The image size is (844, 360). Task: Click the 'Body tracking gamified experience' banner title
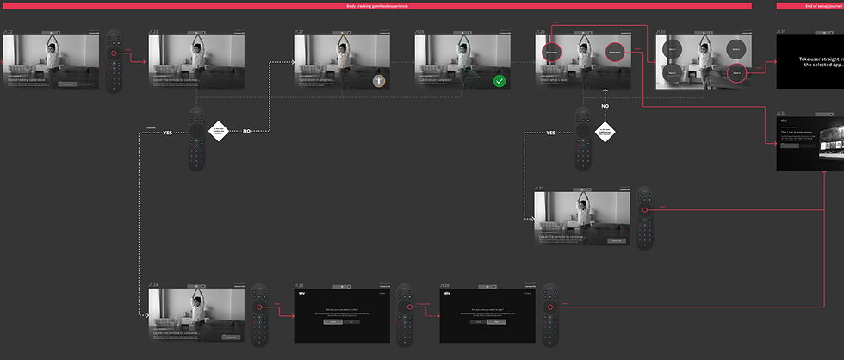coord(376,5)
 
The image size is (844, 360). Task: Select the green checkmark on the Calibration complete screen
coord(499,81)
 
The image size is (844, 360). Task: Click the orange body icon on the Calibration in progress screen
coord(378,81)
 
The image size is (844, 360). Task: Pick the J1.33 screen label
coord(539,187)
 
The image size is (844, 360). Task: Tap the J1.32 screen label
coord(781,113)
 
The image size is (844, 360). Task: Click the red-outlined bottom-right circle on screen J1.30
coord(735,73)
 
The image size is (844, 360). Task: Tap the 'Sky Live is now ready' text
coord(796,132)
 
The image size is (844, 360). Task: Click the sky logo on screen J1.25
coord(301,294)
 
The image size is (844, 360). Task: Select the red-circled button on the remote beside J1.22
coord(111,53)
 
